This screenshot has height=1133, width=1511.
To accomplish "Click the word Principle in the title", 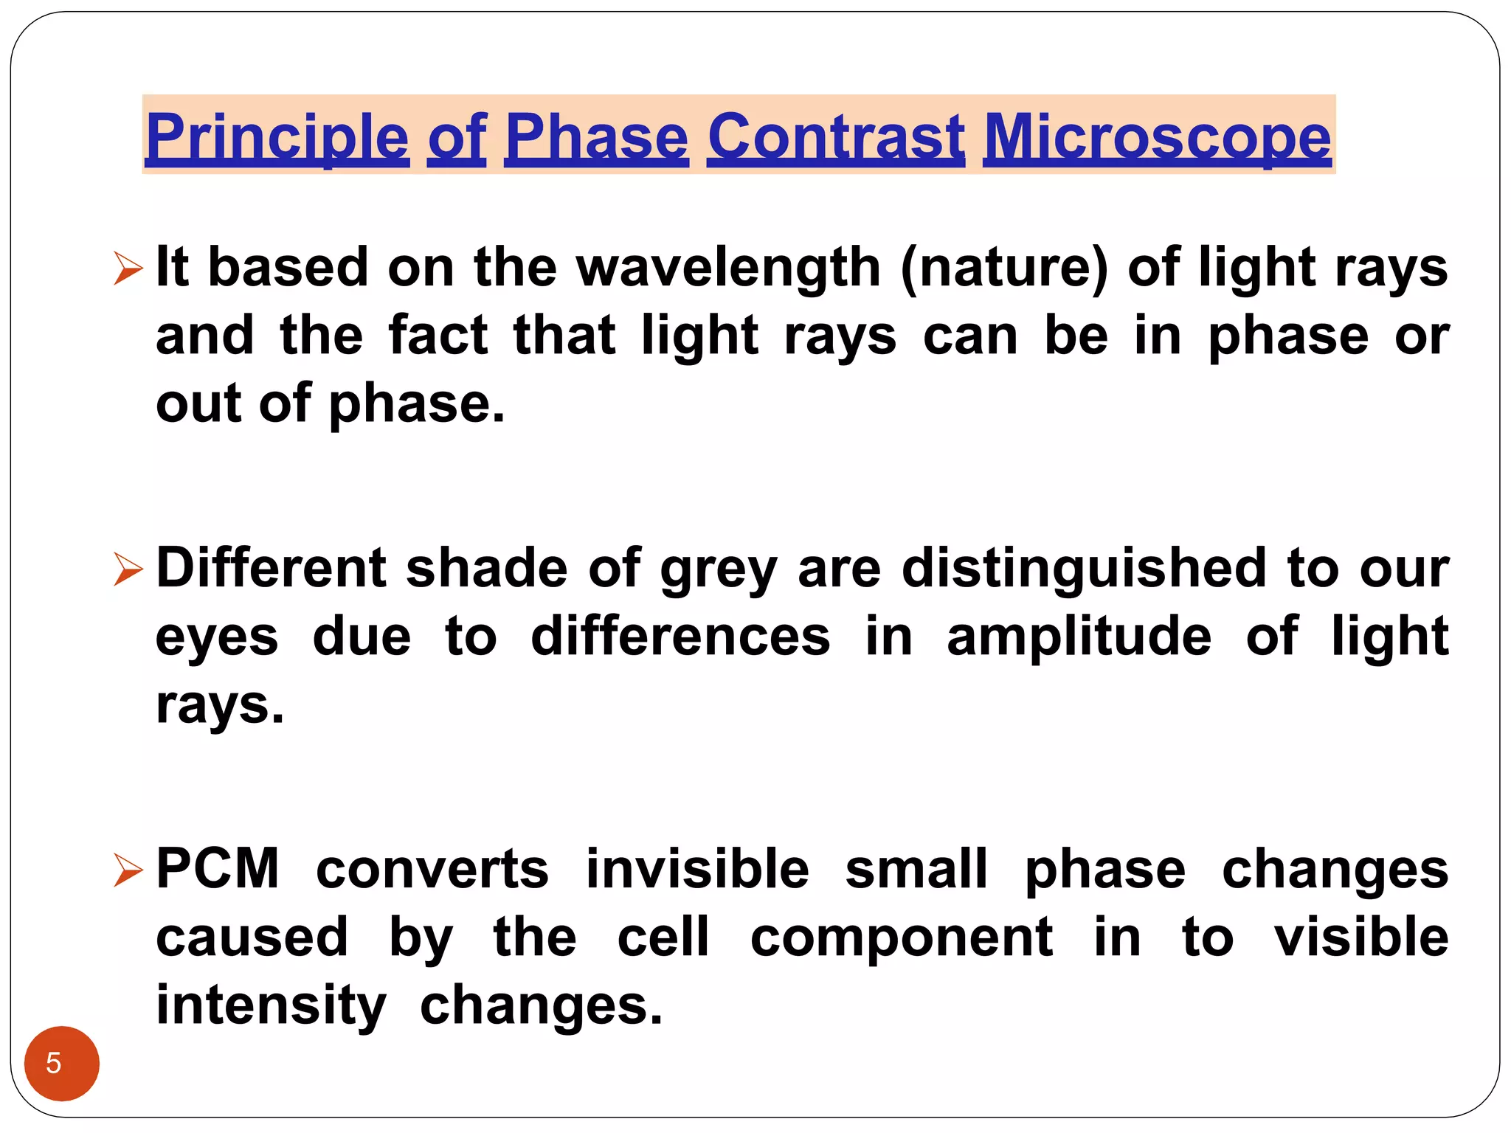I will tap(277, 137).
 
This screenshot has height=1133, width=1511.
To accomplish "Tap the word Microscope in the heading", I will tap(1157, 137).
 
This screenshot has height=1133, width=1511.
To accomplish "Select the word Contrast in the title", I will tap(835, 137).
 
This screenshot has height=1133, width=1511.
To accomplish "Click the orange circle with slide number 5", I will tap(62, 1063).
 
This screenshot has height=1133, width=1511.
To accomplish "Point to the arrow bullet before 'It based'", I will tap(128, 268).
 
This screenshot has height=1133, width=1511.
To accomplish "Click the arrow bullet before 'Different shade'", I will tap(128, 569).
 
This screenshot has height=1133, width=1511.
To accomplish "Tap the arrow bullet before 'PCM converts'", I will tap(128, 870).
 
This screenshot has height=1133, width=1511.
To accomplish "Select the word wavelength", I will tap(728, 267).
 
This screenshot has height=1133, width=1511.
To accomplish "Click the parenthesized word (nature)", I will tap(1004, 267).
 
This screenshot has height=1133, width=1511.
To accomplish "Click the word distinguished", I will tap(1084, 569).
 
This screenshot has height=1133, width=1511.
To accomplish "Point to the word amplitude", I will tap(1079, 637).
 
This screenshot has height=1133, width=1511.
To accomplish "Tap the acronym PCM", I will tap(218, 869).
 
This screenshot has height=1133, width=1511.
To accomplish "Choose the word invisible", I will tap(697, 869).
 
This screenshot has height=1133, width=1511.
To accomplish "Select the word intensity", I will tap(271, 1006).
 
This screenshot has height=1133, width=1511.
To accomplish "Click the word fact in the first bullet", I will tap(438, 336).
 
